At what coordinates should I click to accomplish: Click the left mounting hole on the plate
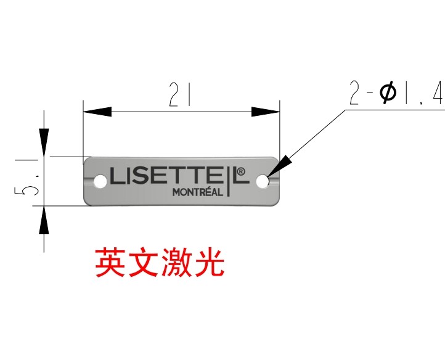coord(99,181)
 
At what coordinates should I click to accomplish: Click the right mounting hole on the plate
coord(263,181)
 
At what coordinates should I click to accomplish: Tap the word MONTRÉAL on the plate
coord(197,192)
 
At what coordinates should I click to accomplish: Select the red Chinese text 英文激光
coord(160,263)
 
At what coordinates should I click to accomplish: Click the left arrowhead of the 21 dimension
coord(97,112)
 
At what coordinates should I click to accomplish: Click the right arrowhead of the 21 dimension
coord(266,112)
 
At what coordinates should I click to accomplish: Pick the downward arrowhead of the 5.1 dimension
coord(44,142)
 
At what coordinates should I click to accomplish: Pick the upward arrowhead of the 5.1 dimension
coord(44,220)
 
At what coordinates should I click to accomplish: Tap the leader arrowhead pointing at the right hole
coord(280,165)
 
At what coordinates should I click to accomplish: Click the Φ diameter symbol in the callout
coord(388,94)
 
